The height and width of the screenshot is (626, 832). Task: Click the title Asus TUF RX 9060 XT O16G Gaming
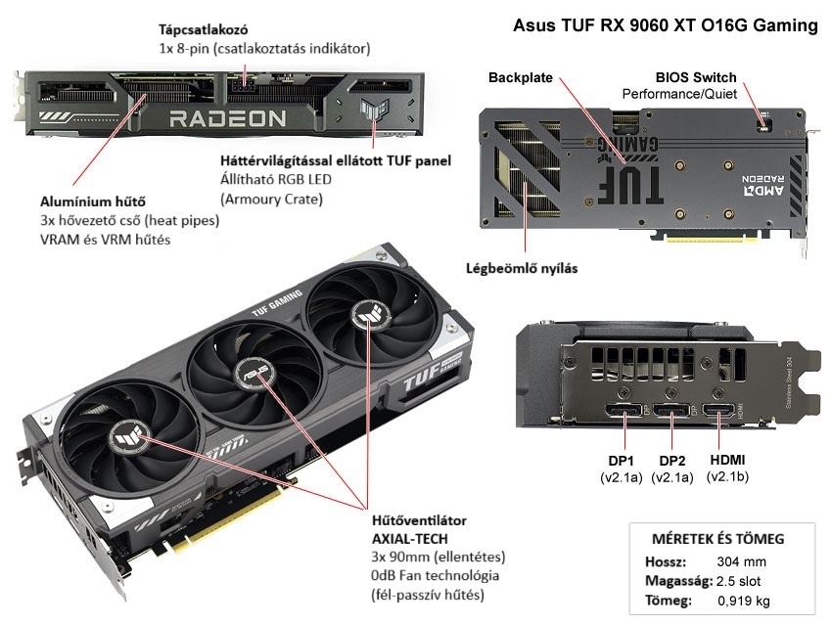665,26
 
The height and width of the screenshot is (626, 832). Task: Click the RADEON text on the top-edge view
228,119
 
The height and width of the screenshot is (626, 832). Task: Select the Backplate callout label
520,76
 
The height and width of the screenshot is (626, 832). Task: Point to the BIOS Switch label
695,77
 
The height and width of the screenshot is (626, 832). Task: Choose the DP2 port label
671,461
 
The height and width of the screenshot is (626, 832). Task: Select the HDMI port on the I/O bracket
719,409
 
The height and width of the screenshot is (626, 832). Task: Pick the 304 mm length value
740,561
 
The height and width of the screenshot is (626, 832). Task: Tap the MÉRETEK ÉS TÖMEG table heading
717,538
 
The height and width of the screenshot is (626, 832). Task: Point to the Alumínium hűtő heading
79,202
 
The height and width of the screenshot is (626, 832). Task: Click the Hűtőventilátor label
419,520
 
